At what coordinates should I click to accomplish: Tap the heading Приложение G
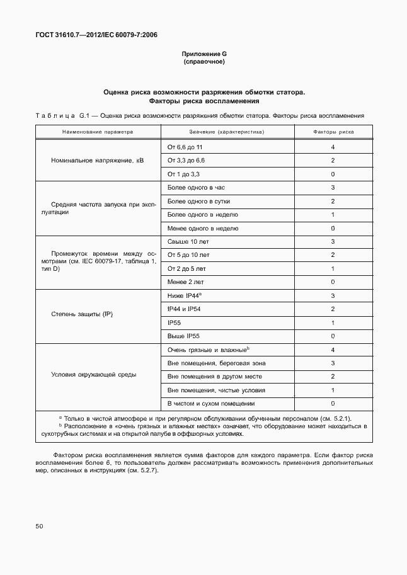tap(203, 54)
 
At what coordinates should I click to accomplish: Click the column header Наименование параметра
tap(98, 132)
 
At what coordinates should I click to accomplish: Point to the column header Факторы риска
tap(333, 132)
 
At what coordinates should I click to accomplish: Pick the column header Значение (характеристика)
tap(227, 132)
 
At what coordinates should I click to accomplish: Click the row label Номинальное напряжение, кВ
tap(98, 161)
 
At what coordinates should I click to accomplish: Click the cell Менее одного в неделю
tap(202, 228)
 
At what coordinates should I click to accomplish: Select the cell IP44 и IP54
tap(184, 309)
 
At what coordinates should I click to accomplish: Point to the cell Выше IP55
tap(183, 336)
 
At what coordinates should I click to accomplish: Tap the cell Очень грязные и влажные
tap(208, 350)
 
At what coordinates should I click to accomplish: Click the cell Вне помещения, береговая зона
tap(216, 363)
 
